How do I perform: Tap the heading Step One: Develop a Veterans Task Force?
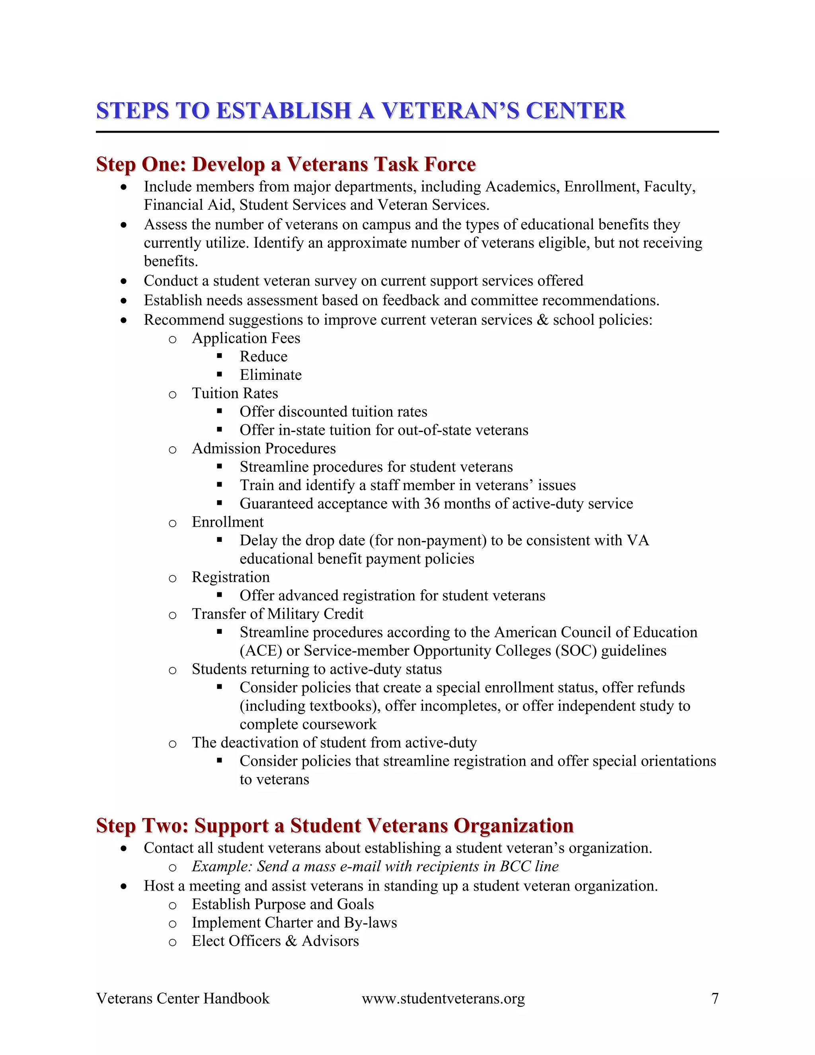coord(286,164)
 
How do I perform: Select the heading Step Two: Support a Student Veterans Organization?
coord(335,826)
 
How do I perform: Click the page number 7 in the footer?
coord(715,998)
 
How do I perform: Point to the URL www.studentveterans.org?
coord(443,998)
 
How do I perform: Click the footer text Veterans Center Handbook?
coord(183,998)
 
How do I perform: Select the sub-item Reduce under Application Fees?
coord(263,356)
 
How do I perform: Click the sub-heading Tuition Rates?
coord(235,393)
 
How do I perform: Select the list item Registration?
coord(230,577)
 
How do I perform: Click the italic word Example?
coord(222,867)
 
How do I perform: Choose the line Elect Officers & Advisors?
coord(275,941)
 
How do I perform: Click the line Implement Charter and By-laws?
coord(294,923)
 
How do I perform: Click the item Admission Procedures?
coord(263,449)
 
